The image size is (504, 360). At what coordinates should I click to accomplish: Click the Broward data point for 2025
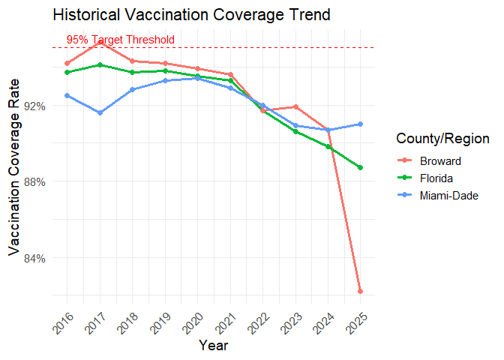(x=360, y=291)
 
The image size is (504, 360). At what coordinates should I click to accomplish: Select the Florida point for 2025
(x=360, y=167)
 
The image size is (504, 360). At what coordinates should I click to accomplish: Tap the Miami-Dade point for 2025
(x=360, y=124)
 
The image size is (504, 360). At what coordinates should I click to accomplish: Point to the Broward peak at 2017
(x=100, y=42)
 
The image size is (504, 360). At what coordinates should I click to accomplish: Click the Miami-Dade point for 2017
(x=100, y=112)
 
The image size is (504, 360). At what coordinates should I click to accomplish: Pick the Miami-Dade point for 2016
(x=67, y=95)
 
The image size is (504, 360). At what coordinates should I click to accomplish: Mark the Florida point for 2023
(x=295, y=131)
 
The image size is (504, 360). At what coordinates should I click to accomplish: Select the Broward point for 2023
(x=295, y=106)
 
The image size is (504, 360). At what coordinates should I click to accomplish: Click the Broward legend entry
(x=440, y=160)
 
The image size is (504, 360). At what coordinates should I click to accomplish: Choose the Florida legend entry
(x=436, y=178)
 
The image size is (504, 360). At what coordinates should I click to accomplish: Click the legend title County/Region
(x=442, y=139)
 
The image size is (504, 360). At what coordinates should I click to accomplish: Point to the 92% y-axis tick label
(x=36, y=106)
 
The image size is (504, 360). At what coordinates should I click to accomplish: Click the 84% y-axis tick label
(x=36, y=258)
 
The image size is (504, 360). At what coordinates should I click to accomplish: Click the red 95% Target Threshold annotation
(x=120, y=39)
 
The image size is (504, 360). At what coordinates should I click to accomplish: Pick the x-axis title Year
(x=214, y=346)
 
